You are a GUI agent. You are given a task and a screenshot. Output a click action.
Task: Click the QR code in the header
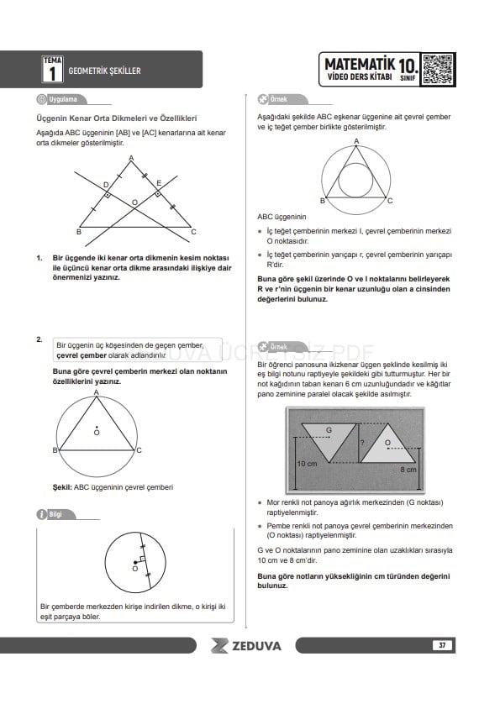click(x=437, y=70)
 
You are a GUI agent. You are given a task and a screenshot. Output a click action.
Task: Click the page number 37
click(x=442, y=645)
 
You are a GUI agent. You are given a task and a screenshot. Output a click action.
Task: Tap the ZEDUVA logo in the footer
click(x=245, y=646)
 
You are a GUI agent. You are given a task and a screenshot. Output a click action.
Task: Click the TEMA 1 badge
click(x=53, y=69)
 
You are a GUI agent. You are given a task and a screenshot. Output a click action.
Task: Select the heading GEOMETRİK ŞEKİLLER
click(x=104, y=71)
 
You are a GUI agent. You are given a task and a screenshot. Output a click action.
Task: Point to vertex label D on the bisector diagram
click(x=106, y=185)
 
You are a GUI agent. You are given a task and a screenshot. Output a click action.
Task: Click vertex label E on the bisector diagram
click(x=159, y=183)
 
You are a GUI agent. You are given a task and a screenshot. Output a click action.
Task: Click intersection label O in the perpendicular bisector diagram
click(x=134, y=203)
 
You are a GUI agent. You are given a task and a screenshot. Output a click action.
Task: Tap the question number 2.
click(x=39, y=339)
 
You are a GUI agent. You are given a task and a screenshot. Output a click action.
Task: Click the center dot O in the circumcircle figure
click(x=97, y=427)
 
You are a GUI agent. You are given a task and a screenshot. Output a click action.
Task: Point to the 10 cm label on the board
click(x=307, y=464)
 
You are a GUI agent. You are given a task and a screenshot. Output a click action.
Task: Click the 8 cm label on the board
click(x=408, y=469)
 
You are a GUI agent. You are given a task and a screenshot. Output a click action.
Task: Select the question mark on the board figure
click(x=362, y=443)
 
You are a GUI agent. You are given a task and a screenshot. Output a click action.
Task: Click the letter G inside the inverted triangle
click(x=329, y=430)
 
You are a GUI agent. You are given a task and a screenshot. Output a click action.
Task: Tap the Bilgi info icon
click(x=41, y=514)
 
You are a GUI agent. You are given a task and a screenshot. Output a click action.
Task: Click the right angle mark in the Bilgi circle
click(x=142, y=559)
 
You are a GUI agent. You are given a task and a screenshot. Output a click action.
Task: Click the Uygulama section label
click(x=62, y=99)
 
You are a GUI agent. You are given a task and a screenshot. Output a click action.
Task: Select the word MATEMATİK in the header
click(x=360, y=64)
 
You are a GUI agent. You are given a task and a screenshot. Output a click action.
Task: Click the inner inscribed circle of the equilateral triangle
click(x=355, y=164)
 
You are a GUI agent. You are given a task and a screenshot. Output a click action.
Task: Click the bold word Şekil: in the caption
click(x=62, y=487)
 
